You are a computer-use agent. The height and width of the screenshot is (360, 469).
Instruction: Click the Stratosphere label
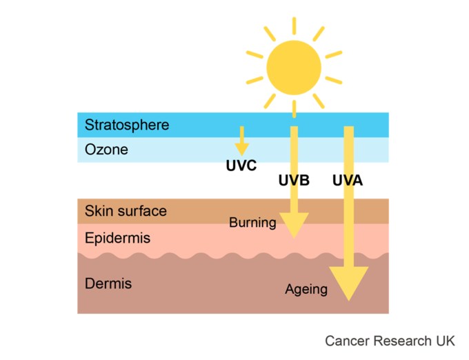click(127, 125)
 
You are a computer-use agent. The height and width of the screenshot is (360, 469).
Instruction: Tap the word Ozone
click(106, 150)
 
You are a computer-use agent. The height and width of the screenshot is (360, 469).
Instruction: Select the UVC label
click(241, 166)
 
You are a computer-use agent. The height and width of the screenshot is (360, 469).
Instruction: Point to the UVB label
click(294, 180)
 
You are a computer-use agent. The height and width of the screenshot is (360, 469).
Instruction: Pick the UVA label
click(348, 180)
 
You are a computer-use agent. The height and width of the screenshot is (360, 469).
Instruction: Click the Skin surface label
click(126, 211)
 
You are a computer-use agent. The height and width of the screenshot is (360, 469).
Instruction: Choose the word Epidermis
click(117, 239)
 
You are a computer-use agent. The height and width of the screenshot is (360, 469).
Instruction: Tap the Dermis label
click(108, 283)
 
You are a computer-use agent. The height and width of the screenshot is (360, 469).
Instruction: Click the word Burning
click(252, 223)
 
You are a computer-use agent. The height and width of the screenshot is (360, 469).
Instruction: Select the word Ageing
click(306, 290)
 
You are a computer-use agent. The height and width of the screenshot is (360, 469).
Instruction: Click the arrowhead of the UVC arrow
click(241, 150)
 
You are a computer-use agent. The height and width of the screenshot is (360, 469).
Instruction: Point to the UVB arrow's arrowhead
click(294, 226)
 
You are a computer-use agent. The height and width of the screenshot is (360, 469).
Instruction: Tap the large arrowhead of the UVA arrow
click(349, 283)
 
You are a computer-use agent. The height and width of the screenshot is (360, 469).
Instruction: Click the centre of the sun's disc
click(294, 68)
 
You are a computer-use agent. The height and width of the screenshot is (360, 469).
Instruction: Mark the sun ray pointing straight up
click(295, 26)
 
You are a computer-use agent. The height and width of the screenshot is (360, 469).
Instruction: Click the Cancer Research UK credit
click(390, 341)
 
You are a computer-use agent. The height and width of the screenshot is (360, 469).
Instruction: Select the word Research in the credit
click(403, 341)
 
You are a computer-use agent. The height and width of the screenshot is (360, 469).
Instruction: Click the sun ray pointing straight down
click(295, 109)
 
